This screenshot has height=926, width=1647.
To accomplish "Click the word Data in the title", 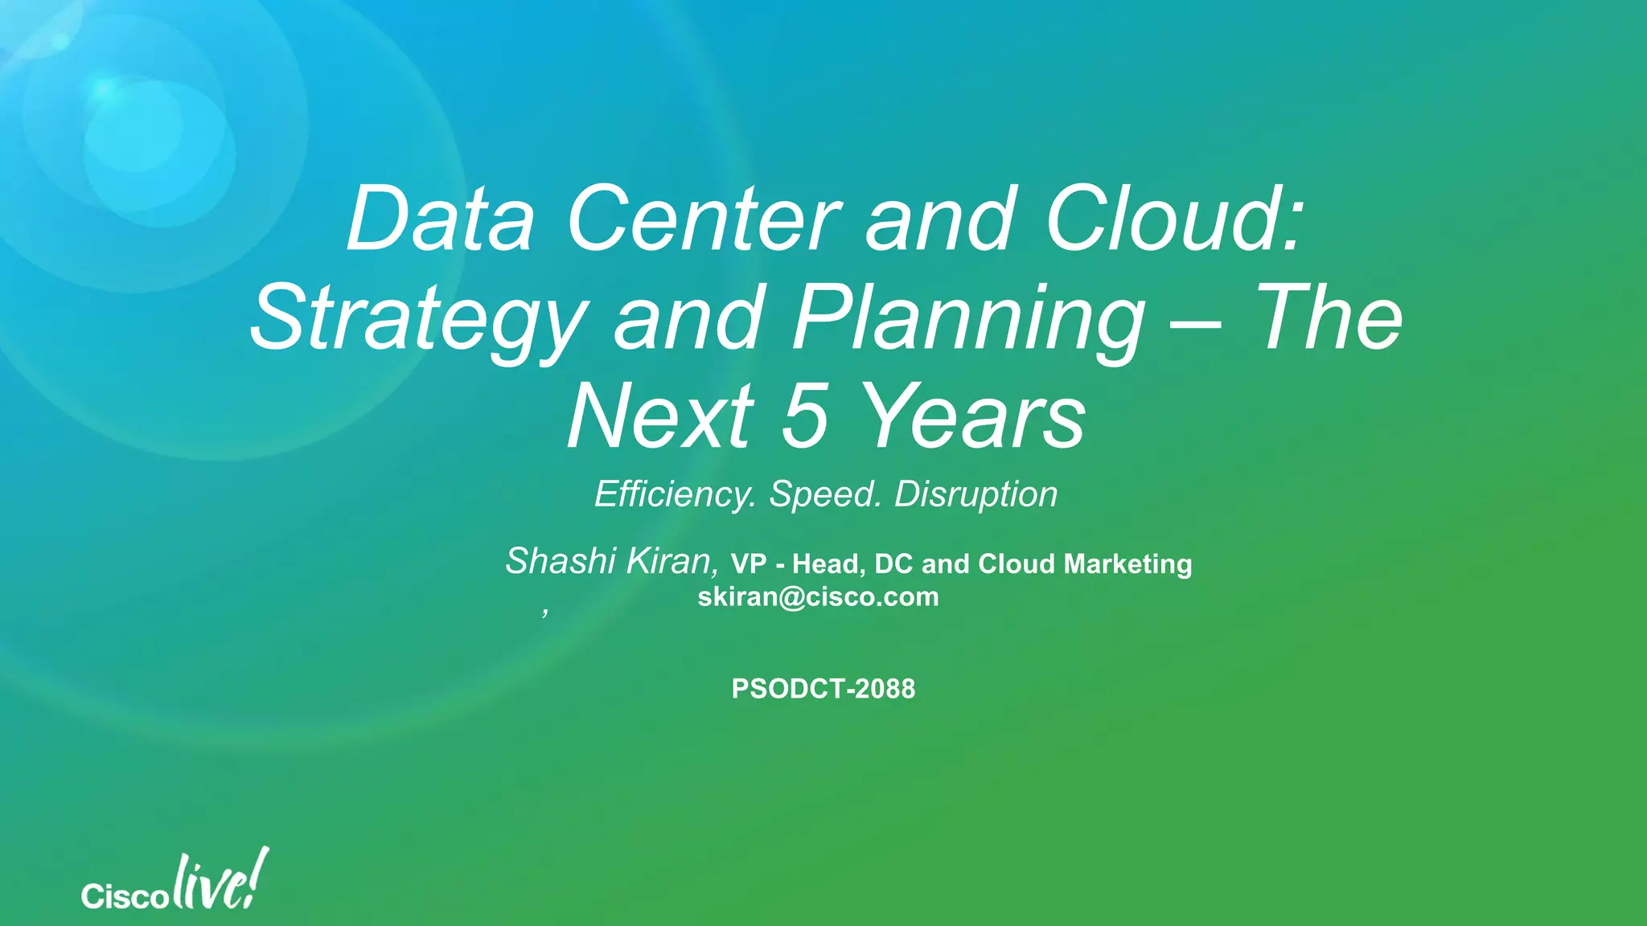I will (x=440, y=219).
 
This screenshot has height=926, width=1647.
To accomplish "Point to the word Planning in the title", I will (x=968, y=320).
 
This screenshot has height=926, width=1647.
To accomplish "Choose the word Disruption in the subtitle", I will (x=975, y=494).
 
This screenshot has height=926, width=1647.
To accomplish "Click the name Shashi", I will (x=560, y=561).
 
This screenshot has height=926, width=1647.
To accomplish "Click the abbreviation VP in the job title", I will (x=748, y=564).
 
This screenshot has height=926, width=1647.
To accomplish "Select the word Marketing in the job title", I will (x=1127, y=564).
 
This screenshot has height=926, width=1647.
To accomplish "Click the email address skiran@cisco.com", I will (x=818, y=597).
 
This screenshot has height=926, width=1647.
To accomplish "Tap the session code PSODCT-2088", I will (x=823, y=689).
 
